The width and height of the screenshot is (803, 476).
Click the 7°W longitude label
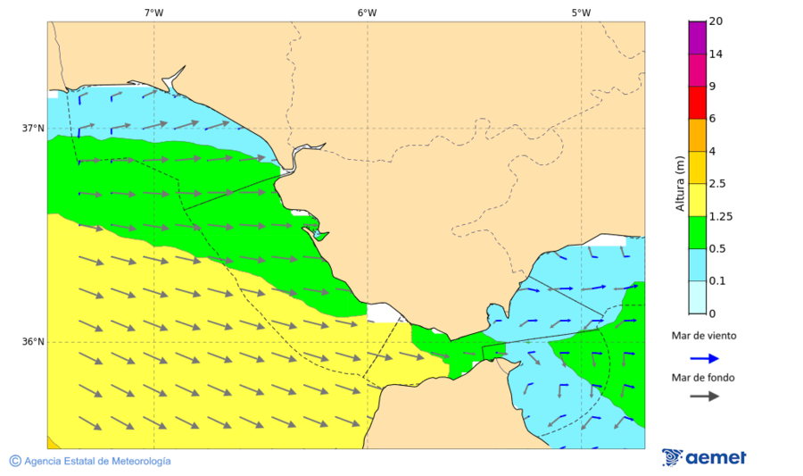[153, 13]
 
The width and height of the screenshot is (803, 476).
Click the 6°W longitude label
[367, 13]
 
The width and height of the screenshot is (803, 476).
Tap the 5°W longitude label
[581, 13]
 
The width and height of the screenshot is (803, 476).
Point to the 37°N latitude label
[33, 128]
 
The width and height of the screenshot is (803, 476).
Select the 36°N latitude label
[33, 342]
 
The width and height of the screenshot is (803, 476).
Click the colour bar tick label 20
[716, 21]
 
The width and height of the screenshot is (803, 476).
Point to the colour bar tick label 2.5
[716, 184]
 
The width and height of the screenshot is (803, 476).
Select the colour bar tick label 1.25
[719, 216]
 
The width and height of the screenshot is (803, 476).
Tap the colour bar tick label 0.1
[716, 281]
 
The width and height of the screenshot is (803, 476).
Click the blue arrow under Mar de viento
[705, 358]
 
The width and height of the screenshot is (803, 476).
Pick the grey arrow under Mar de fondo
[705, 396]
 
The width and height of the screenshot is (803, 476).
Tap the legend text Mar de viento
[704, 337]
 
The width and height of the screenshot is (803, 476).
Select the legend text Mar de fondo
[704, 377]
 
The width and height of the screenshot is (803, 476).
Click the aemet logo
[705, 457]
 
